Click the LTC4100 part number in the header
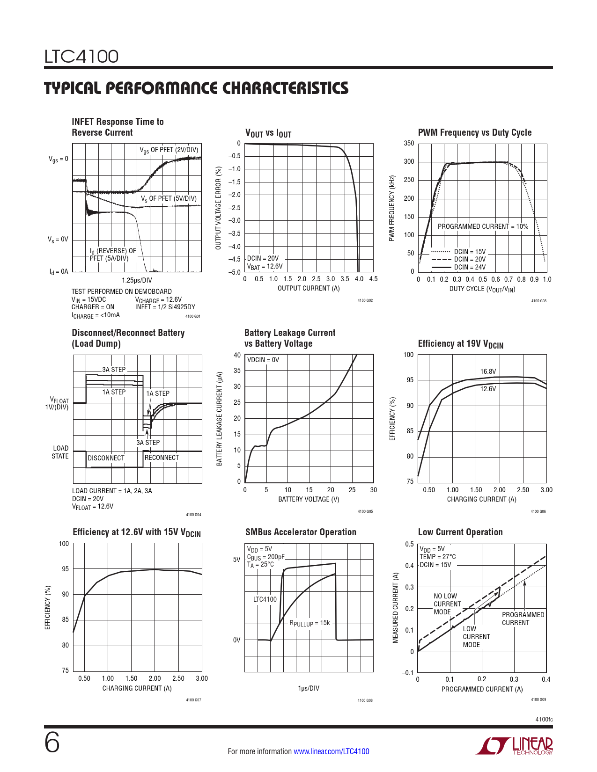pyautogui.click(x=81, y=57)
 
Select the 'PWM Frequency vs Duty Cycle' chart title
pyautogui.click(x=474, y=132)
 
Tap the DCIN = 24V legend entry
pyautogui.click(x=470, y=267)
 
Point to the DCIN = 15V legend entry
pyautogui.click(x=470, y=252)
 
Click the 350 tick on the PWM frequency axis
pyautogui.click(x=409, y=143)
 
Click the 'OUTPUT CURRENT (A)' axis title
pyautogui.click(x=309, y=288)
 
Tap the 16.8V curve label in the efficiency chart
pyautogui.click(x=488, y=371)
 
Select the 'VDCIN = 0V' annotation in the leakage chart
pyautogui.click(x=263, y=360)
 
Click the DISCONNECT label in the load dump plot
pyautogui.click(x=106, y=458)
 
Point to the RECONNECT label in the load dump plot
pyautogui.click(x=162, y=458)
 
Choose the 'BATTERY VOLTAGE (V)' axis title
pyautogui.click(x=309, y=499)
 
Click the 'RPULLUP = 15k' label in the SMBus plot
pyautogui.click(x=310, y=623)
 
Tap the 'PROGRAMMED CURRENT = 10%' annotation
pyautogui.click(x=483, y=226)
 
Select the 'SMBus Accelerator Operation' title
pyautogui.click(x=301, y=532)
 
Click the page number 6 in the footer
pyautogui.click(x=52, y=743)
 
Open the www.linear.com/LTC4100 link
pyautogui.click(x=331, y=751)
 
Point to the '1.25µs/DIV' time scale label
pyautogui.click(x=137, y=280)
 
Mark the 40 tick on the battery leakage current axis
pyautogui.click(x=237, y=355)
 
